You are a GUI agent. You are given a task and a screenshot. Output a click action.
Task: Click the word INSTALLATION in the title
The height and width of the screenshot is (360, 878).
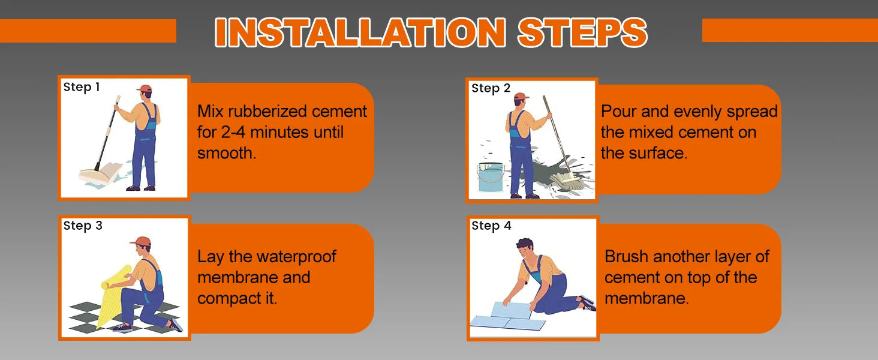[x=360, y=32]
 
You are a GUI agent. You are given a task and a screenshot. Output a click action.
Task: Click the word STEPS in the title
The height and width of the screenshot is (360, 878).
[x=582, y=32]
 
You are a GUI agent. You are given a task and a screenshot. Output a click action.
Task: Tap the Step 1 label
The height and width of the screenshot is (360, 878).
[x=82, y=87]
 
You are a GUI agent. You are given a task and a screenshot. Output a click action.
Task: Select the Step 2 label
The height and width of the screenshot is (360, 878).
[x=491, y=88]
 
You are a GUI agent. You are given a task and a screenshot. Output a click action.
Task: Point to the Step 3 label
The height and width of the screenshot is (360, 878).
[x=83, y=226]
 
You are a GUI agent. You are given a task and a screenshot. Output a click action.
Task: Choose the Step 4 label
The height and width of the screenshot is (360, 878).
[x=491, y=226]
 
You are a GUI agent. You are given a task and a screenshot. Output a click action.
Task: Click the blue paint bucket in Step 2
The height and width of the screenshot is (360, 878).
[x=491, y=178]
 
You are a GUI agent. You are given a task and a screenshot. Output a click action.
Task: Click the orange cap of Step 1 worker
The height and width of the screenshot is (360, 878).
[x=145, y=89]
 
